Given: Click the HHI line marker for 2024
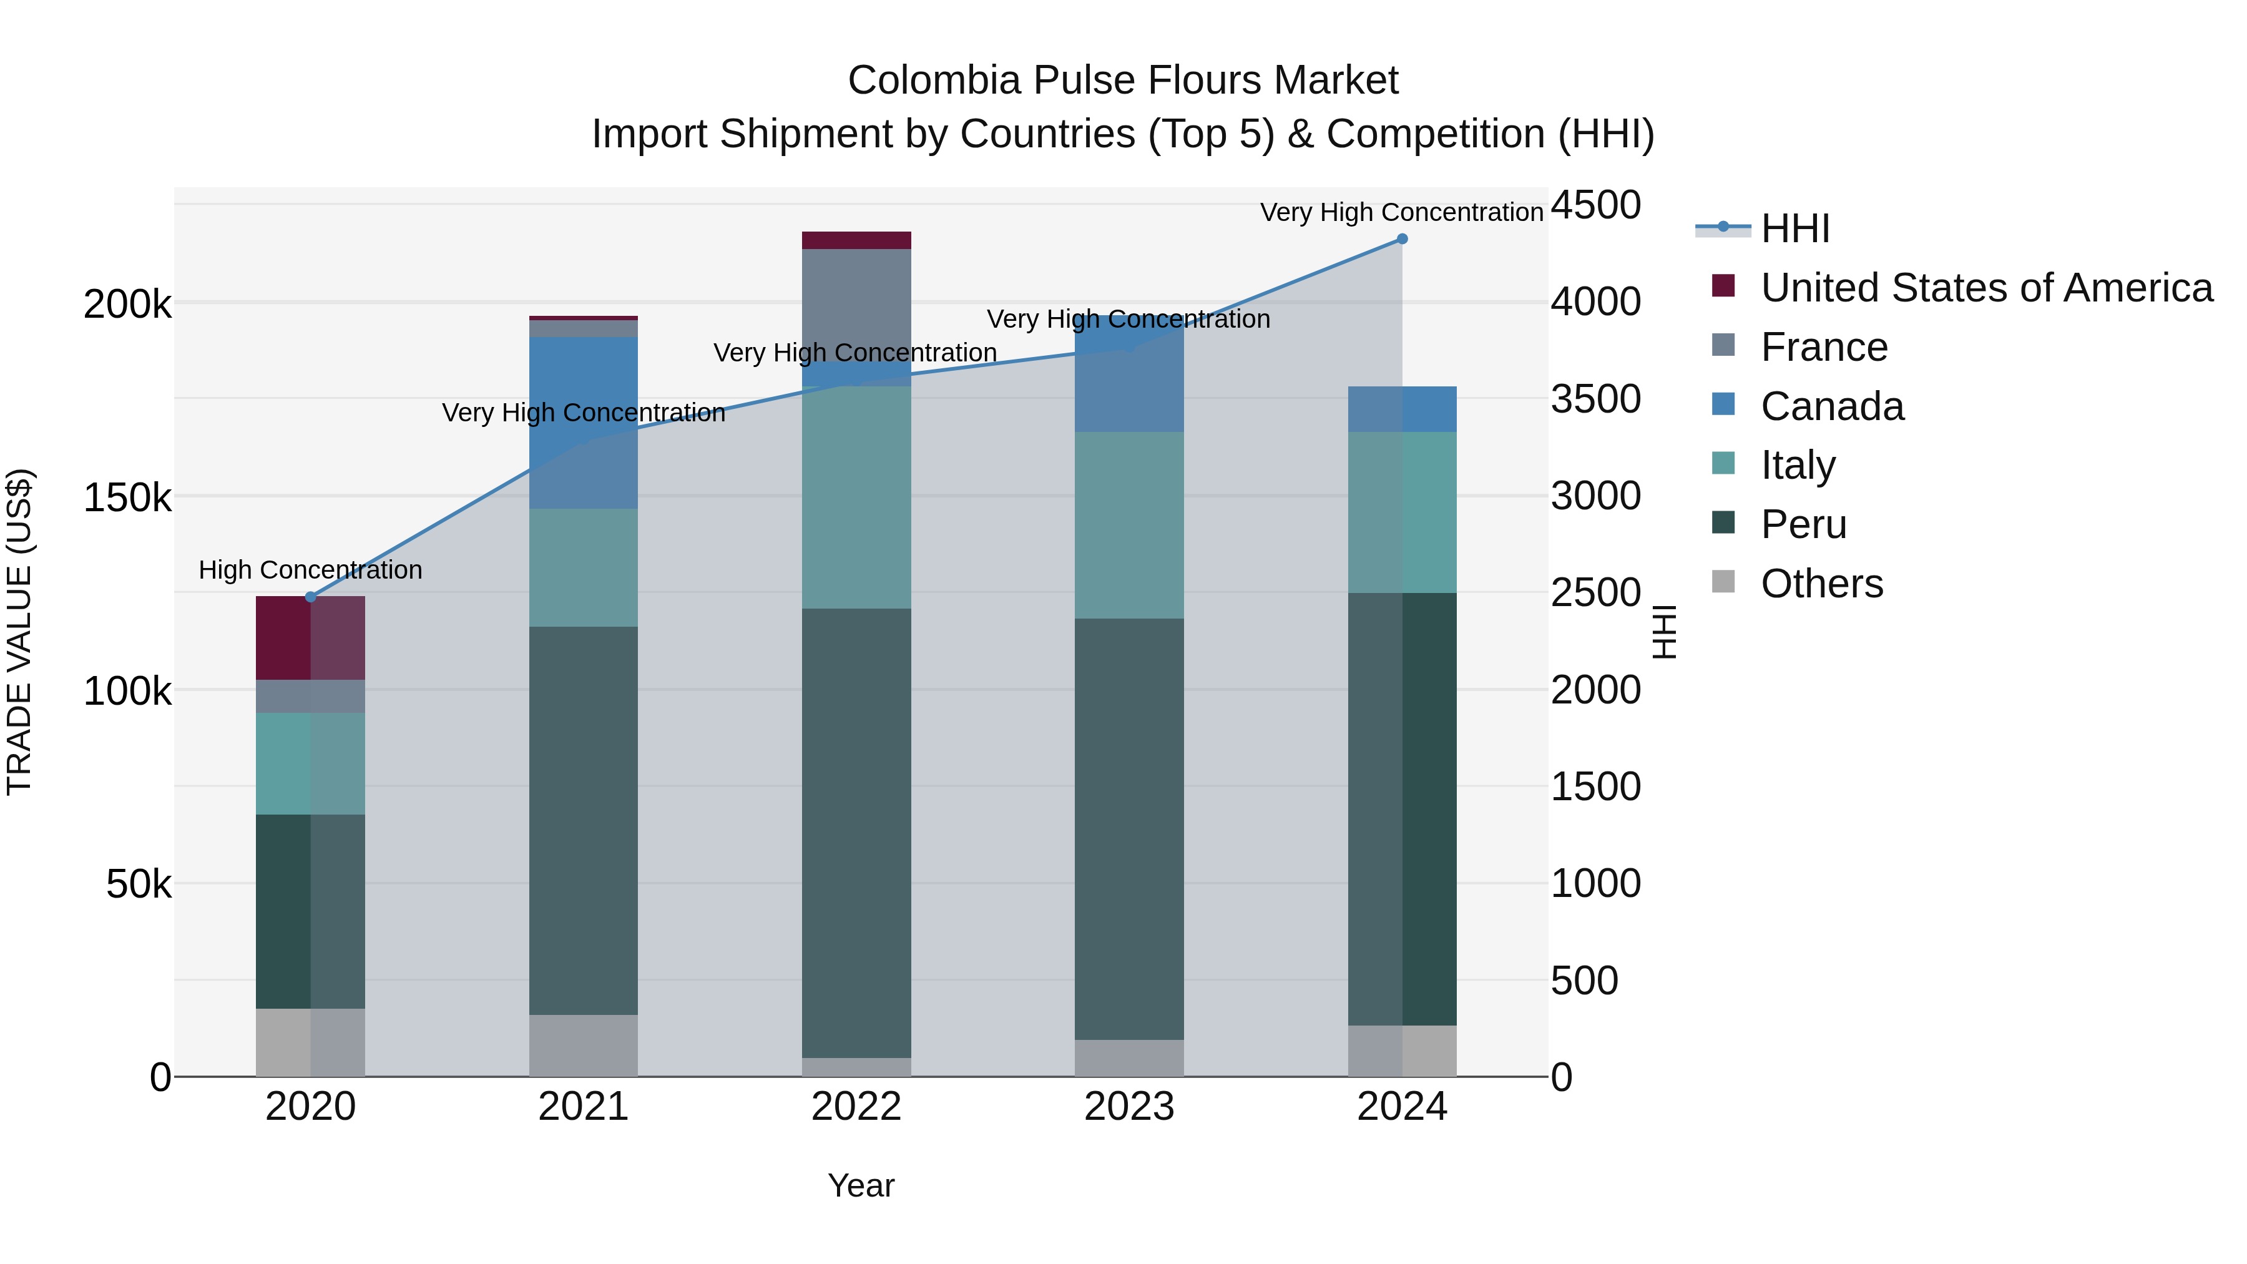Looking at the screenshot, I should (x=1402, y=239).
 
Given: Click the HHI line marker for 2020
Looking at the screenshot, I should (x=311, y=597).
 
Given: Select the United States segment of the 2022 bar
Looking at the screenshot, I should (x=856, y=241).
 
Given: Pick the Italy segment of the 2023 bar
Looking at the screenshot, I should (x=1128, y=525).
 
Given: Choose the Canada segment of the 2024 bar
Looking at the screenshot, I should (x=1402, y=409).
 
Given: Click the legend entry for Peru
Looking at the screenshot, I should (x=1802, y=525).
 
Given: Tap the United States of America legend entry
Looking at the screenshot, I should (x=1985, y=288).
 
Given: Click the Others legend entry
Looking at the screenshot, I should (x=1821, y=584).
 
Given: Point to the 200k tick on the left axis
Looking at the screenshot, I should (x=127, y=305).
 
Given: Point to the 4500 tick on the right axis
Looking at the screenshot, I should (x=1595, y=206).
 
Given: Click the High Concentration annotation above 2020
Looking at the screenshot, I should (x=311, y=571).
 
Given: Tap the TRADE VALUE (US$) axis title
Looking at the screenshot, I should (x=19, y=632).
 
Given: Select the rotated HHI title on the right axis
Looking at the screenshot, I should (x=1663, y=632).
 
